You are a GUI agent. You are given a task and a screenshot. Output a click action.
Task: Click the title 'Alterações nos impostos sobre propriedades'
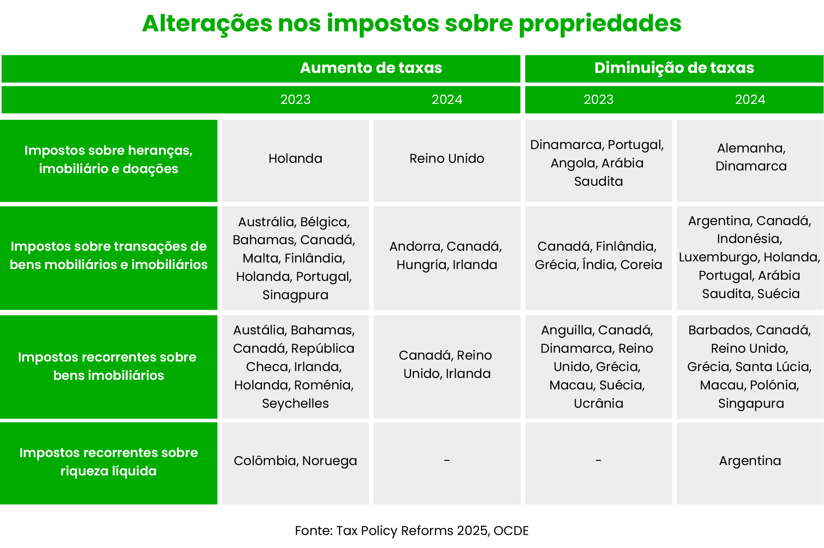[411, 24]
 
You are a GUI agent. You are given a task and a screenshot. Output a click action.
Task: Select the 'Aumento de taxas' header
[371, 68]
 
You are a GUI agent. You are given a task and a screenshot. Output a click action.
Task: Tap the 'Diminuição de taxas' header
[674, 68]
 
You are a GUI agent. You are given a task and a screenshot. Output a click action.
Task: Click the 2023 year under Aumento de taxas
[295, 100]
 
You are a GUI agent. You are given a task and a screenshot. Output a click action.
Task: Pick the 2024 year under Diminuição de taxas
[750, 100]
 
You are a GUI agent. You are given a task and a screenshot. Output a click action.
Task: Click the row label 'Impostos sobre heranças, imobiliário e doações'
[108, 160]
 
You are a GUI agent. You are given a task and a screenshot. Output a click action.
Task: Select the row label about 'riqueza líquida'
[108, 462]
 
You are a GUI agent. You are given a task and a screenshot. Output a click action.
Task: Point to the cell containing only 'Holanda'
[295, 159]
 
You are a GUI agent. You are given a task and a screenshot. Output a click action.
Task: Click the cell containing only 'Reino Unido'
[447, 159]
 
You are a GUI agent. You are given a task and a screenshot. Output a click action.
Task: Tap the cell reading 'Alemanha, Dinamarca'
[751, 157]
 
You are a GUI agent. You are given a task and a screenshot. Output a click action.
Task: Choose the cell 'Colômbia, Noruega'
[295, 461]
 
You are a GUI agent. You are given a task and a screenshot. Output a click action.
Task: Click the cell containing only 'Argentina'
[750, 461]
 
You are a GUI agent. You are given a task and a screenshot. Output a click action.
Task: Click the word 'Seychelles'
[295, 404]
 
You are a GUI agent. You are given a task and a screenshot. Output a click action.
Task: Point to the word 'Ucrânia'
[598, 404]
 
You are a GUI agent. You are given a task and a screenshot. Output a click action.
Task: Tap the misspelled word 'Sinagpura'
[295, 295]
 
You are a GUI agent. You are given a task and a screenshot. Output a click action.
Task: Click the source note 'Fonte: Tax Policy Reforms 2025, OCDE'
[411, 531]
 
